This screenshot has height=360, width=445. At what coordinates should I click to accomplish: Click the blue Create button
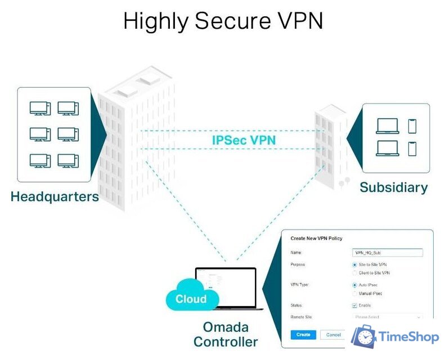303,335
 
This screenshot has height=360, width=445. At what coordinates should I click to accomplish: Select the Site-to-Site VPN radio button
354,264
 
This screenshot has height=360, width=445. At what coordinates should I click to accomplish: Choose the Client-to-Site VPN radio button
354,273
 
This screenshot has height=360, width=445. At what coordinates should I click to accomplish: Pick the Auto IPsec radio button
354,285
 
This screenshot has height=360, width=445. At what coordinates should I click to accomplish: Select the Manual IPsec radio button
354,294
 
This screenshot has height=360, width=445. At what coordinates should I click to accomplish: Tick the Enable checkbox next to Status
354,305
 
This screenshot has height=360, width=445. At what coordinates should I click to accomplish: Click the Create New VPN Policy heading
316,238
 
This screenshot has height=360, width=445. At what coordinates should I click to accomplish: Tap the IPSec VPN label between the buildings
244,140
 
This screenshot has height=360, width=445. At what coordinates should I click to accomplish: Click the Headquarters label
55,197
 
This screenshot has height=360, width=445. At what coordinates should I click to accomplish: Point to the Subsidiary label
393,187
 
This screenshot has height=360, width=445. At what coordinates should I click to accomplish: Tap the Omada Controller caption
225,334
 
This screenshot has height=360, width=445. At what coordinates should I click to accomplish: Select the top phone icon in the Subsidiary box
412,126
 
